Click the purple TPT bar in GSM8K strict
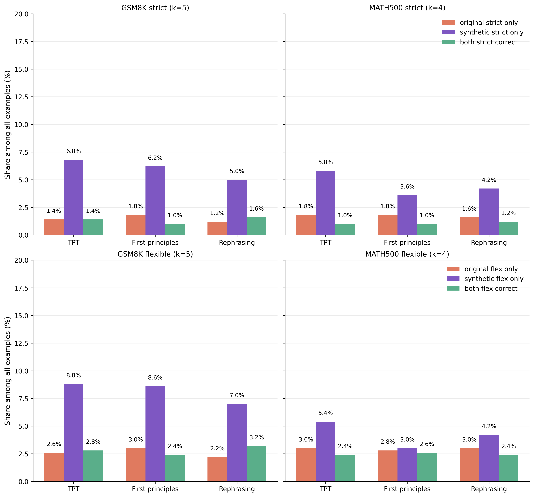click(x=73, y=197)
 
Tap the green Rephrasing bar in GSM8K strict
click(x=256, y=226)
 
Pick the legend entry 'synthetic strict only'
click(x=491, y=32)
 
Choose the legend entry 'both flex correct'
click(x=491, y=289)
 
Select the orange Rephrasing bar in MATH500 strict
click(x=469, y=226)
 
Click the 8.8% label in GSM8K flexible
click(x=73, y=376)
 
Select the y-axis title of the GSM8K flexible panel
click(x=8, y=371)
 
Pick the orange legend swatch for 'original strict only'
click(x=448, y=23)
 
